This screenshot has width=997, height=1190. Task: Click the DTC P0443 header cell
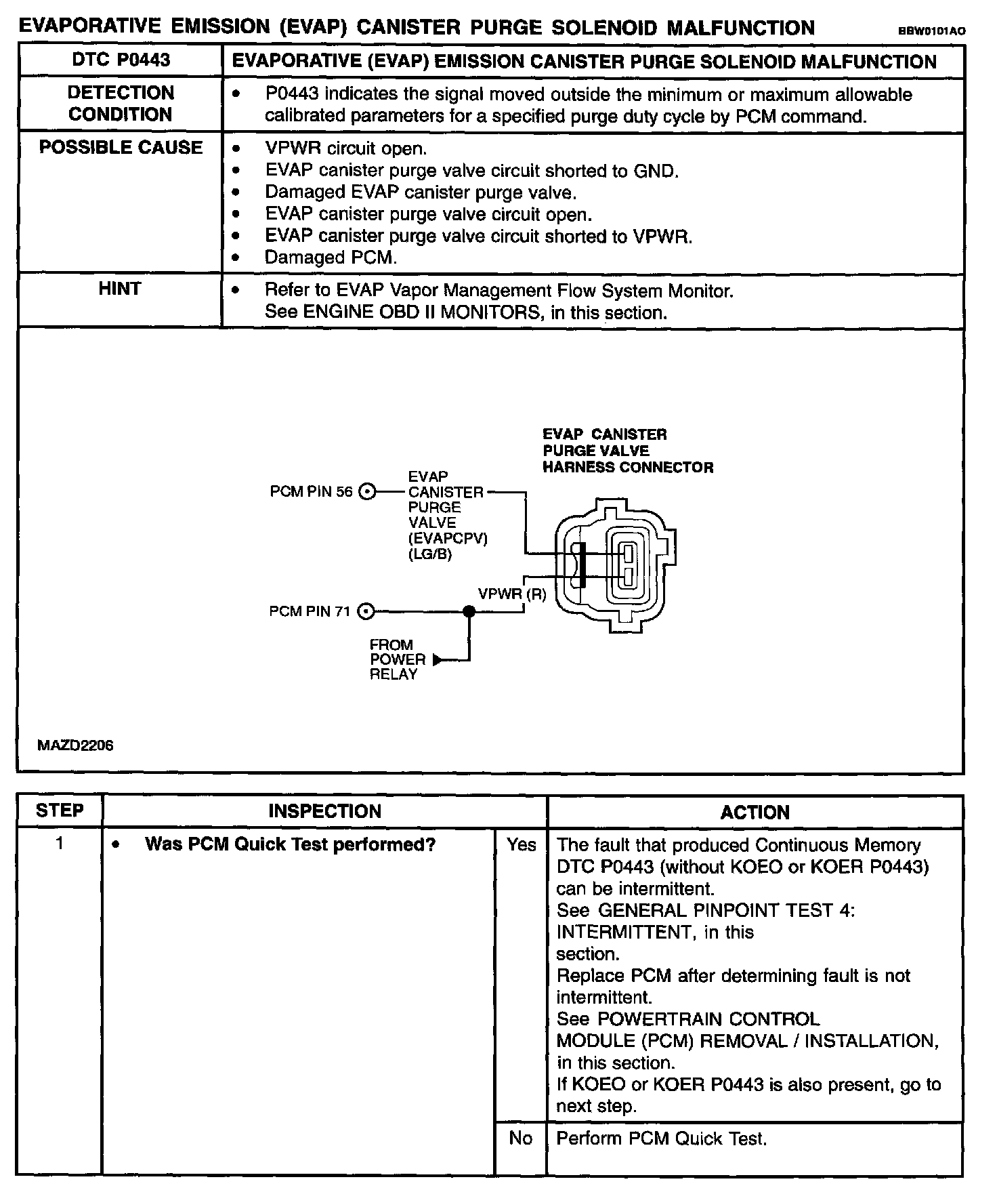click(121, 60)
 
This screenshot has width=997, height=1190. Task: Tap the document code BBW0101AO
click(931, 31)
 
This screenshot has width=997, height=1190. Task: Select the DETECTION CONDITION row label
click(121, 104)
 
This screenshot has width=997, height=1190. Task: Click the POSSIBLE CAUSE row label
click(121, 148)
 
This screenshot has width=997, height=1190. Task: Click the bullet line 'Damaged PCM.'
click(331, 258)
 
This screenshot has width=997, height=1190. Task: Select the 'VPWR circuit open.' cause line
click(345, 149)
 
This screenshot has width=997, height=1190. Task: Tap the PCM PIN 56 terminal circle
click(366, 492)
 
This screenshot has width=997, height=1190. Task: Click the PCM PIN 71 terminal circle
click(366, 612)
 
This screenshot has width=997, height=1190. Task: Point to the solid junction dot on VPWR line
click(469, 612)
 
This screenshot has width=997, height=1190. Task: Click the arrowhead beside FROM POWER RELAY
click(438, 659)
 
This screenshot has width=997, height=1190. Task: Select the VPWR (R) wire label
click(511, 594)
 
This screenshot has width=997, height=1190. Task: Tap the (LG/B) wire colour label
click(430, 554)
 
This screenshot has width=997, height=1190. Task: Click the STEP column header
click(60, 811)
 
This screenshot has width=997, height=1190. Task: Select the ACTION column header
click(755, 812)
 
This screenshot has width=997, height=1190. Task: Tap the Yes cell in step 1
click(521, 845)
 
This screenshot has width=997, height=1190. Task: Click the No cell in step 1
click(520, 1138)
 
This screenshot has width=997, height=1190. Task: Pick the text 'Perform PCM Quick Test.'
click(661, 1138)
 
